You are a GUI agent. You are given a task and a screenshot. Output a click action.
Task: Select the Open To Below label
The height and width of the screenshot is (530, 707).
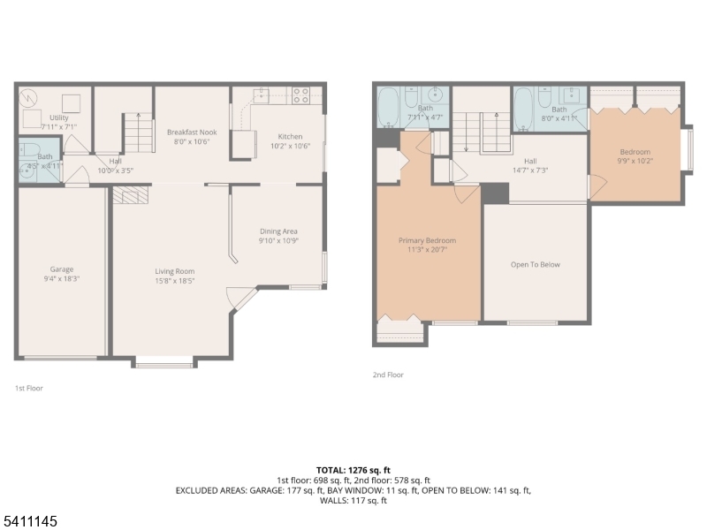tap(536, 264)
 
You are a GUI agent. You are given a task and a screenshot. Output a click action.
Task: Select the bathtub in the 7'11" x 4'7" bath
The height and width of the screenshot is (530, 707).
tap(390, 111)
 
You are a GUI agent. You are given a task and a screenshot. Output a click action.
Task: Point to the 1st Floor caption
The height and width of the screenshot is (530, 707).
tap(28, 388)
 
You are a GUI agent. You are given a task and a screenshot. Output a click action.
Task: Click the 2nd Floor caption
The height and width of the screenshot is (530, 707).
tap(388, 375)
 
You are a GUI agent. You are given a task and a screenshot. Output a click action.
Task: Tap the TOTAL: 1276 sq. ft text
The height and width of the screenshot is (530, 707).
tap(353, 469)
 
